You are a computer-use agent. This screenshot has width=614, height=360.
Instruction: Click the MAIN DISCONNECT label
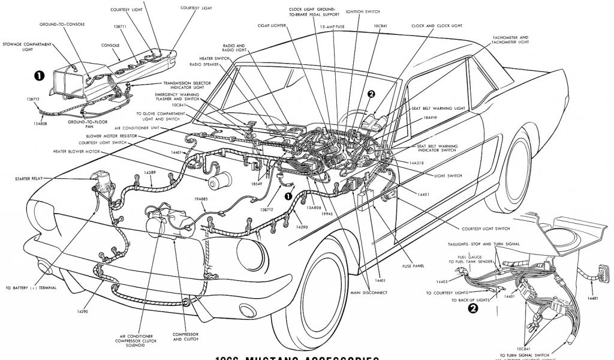click(368, 292)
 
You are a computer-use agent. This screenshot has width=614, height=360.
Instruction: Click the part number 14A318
click(418, 163)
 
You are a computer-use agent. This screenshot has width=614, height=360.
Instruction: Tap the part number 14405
click(443, 281)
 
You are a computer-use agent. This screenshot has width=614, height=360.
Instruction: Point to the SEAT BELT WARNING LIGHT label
click(438, 109)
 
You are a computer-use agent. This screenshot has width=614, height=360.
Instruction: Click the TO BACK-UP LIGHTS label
click(466, 299)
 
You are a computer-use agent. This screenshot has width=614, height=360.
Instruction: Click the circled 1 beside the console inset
click(39, 75)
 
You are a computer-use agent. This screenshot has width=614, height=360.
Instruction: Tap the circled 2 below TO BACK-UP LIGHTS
click(473, 310)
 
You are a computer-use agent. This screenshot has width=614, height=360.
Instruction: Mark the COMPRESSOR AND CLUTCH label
click(185, 337)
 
